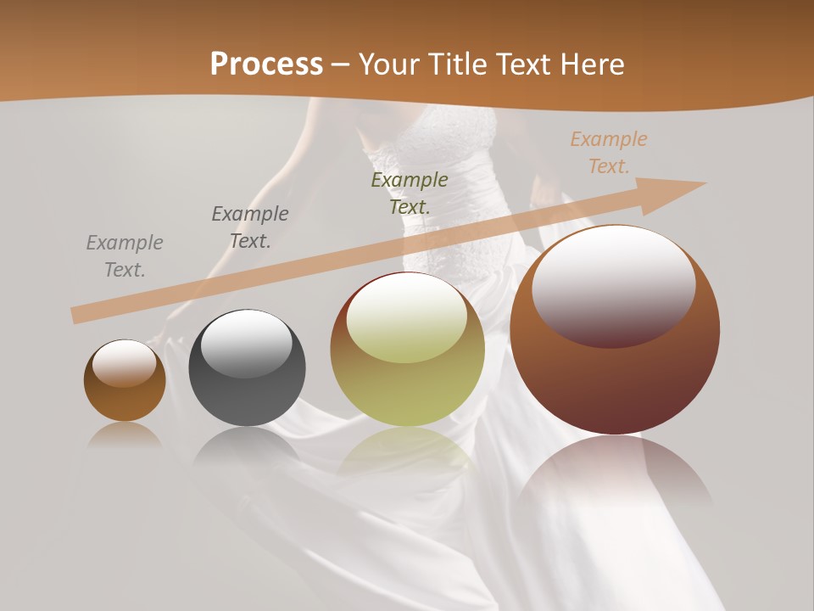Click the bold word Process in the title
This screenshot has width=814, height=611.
tap(266, 64)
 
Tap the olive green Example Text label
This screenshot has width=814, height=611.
tap(410, 193)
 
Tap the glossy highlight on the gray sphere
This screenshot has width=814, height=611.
tap(246, 341)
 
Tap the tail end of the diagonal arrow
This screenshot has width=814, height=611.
tap(76, 315)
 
